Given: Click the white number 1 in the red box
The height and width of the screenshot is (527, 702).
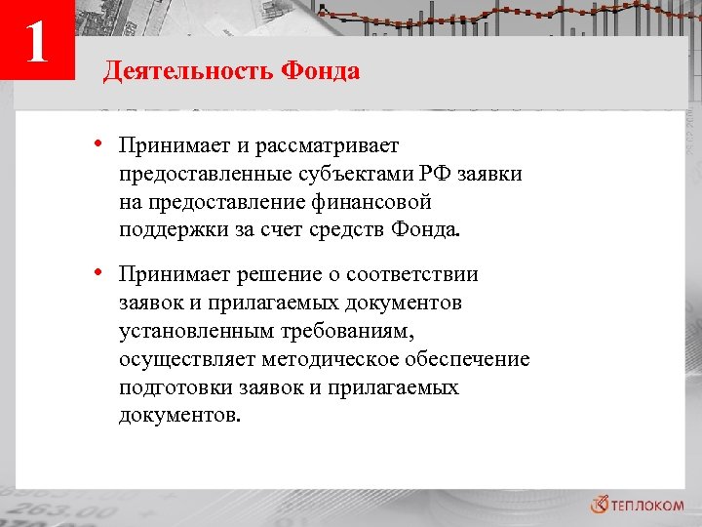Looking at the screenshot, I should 37,41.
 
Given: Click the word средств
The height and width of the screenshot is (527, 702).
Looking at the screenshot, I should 346,230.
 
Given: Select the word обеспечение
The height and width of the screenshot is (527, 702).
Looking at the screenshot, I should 472,360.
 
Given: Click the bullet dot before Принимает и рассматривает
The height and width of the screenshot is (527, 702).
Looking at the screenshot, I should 100,144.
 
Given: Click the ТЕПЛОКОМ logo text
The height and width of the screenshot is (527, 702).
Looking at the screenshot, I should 645,504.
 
